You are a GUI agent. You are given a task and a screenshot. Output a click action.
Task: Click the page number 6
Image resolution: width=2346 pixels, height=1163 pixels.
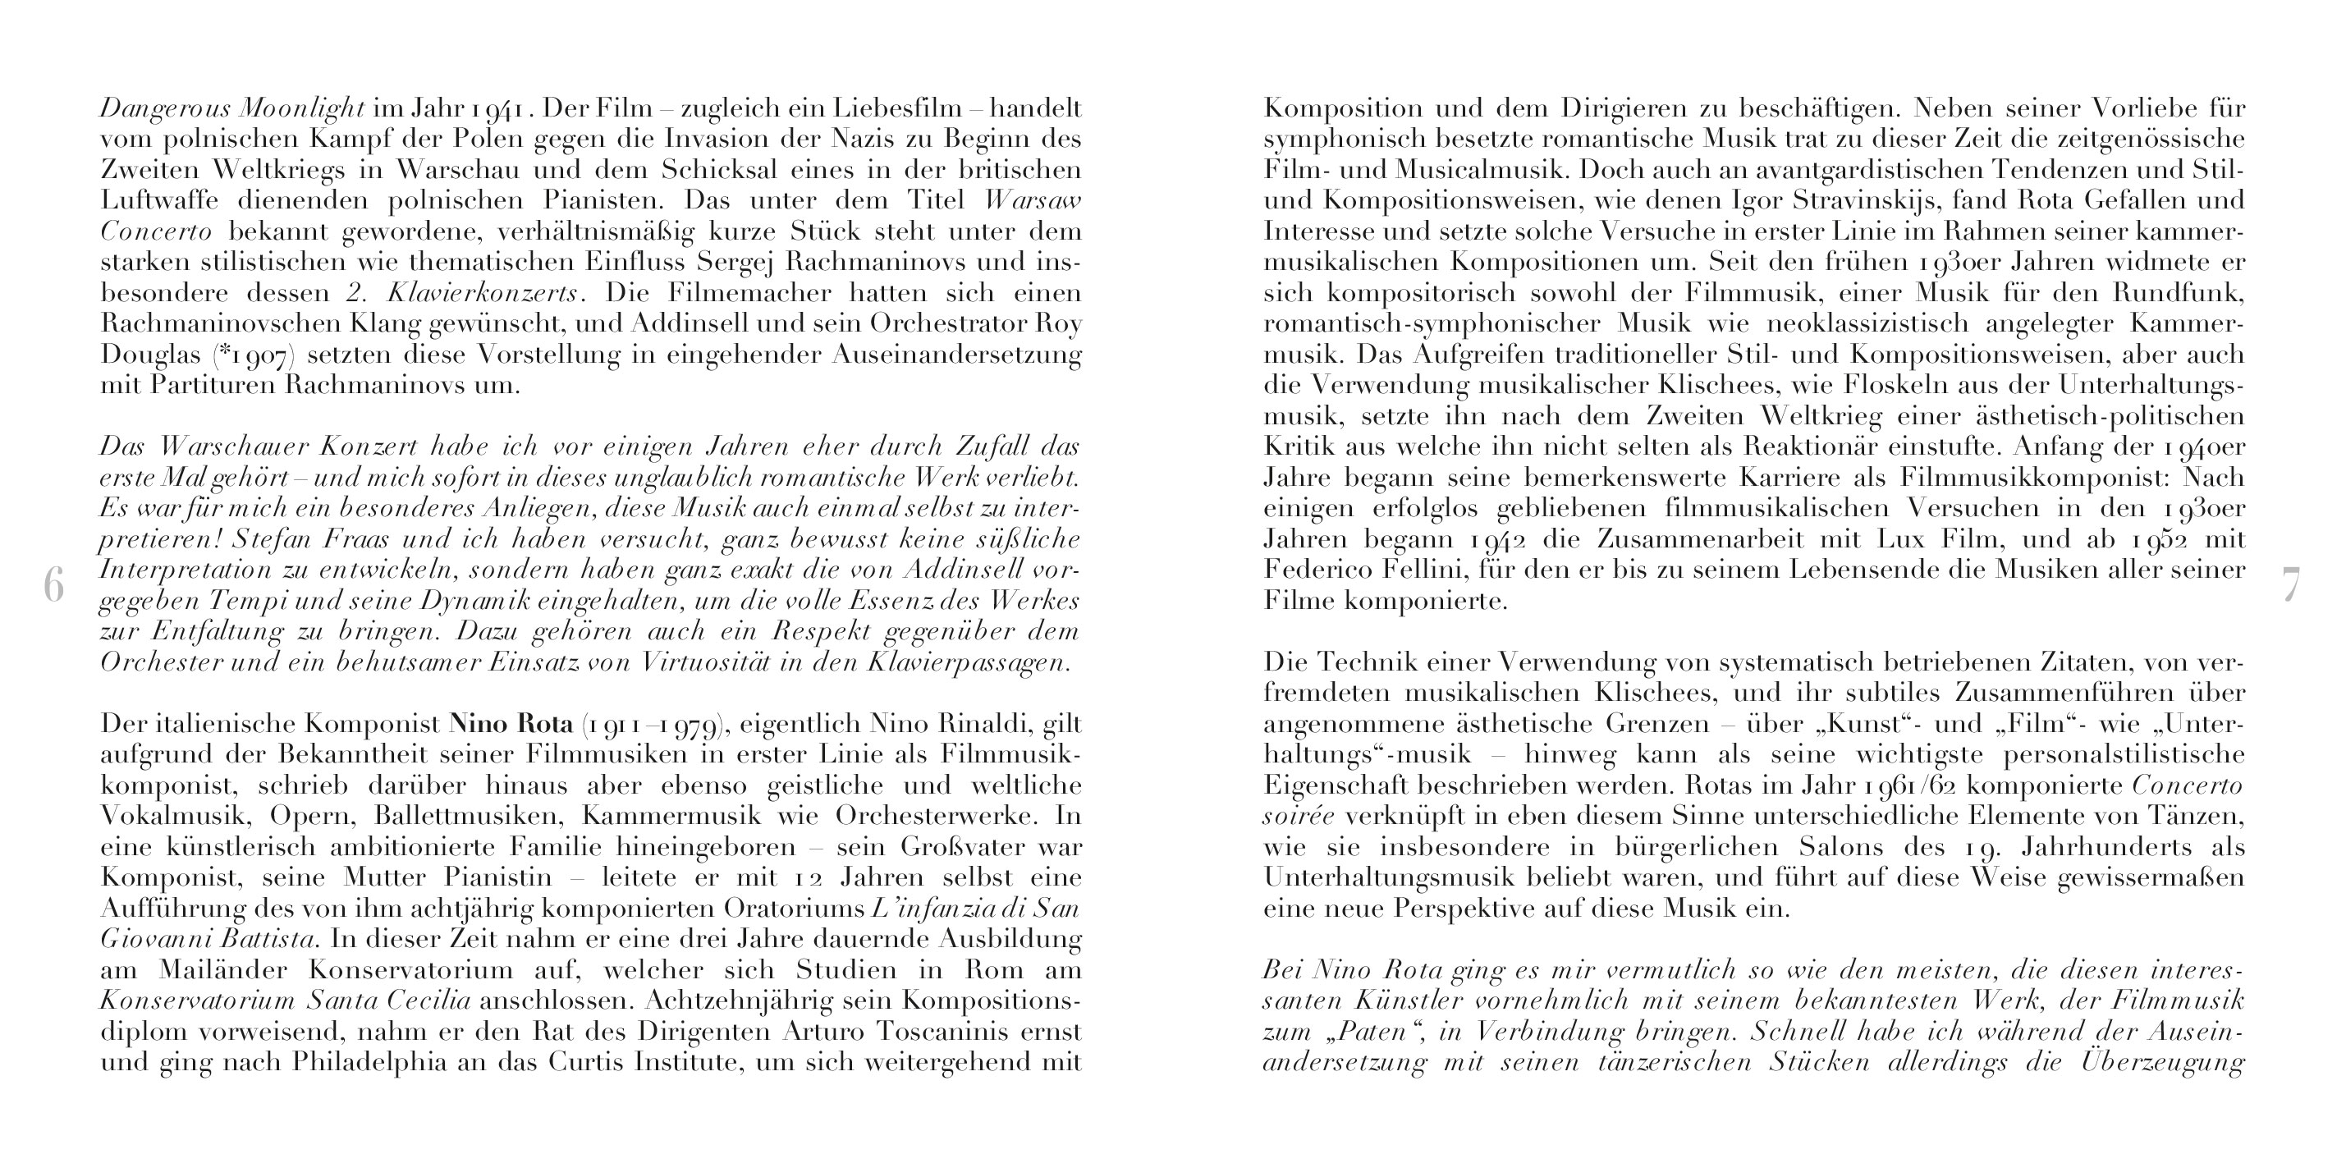click(53, 584)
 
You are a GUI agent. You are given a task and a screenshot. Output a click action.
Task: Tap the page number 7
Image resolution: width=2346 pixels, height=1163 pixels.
click(2289, 584)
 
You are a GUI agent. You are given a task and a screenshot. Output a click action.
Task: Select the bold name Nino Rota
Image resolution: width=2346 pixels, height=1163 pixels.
click(511, 725)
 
